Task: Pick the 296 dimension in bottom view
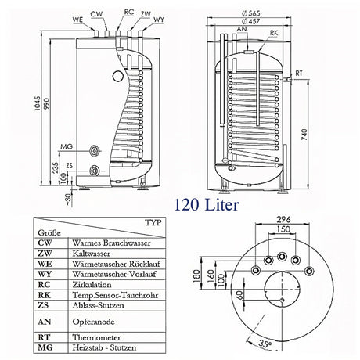[x=283, y=220]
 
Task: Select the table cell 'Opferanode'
[x=92, y=322]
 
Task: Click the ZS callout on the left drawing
[x=70, y=167]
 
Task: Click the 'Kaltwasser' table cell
[x=91, y=253]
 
